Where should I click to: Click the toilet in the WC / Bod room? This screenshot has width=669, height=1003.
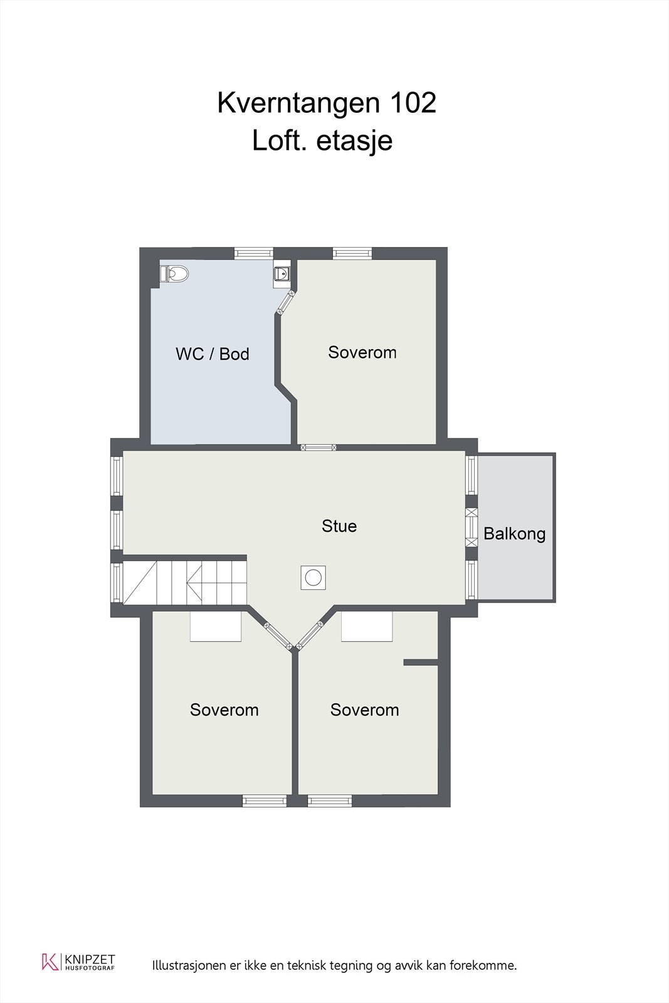point(175,274)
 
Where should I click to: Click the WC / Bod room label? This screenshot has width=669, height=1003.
point(212,354)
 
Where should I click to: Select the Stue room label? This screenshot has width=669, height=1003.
point(339,526)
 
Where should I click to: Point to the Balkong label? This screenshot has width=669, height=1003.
point(514,534)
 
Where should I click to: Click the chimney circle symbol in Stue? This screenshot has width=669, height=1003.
point(313,577)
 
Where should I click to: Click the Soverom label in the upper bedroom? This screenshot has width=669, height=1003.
point(362,352)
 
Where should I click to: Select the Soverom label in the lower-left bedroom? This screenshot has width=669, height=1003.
point(224,710)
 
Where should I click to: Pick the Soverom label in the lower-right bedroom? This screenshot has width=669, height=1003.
point(364,710)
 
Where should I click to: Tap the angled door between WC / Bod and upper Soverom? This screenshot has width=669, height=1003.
point(287,303)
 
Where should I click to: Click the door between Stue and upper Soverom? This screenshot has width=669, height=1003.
point(319,448)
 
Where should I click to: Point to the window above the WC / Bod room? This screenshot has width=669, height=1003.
point(254,253)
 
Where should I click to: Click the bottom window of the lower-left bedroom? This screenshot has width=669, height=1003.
point(265,801)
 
